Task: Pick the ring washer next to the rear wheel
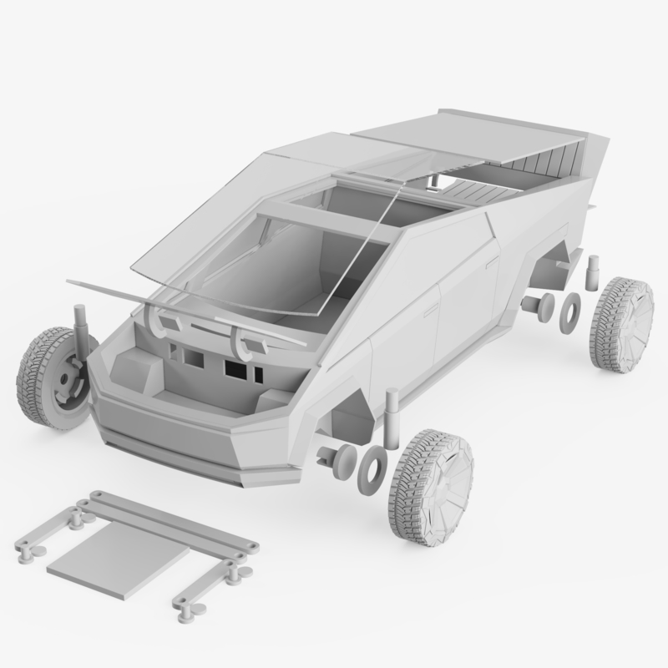coord(570,308)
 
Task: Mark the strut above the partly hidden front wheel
coord(83,330)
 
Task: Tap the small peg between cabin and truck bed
coord(433,178)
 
